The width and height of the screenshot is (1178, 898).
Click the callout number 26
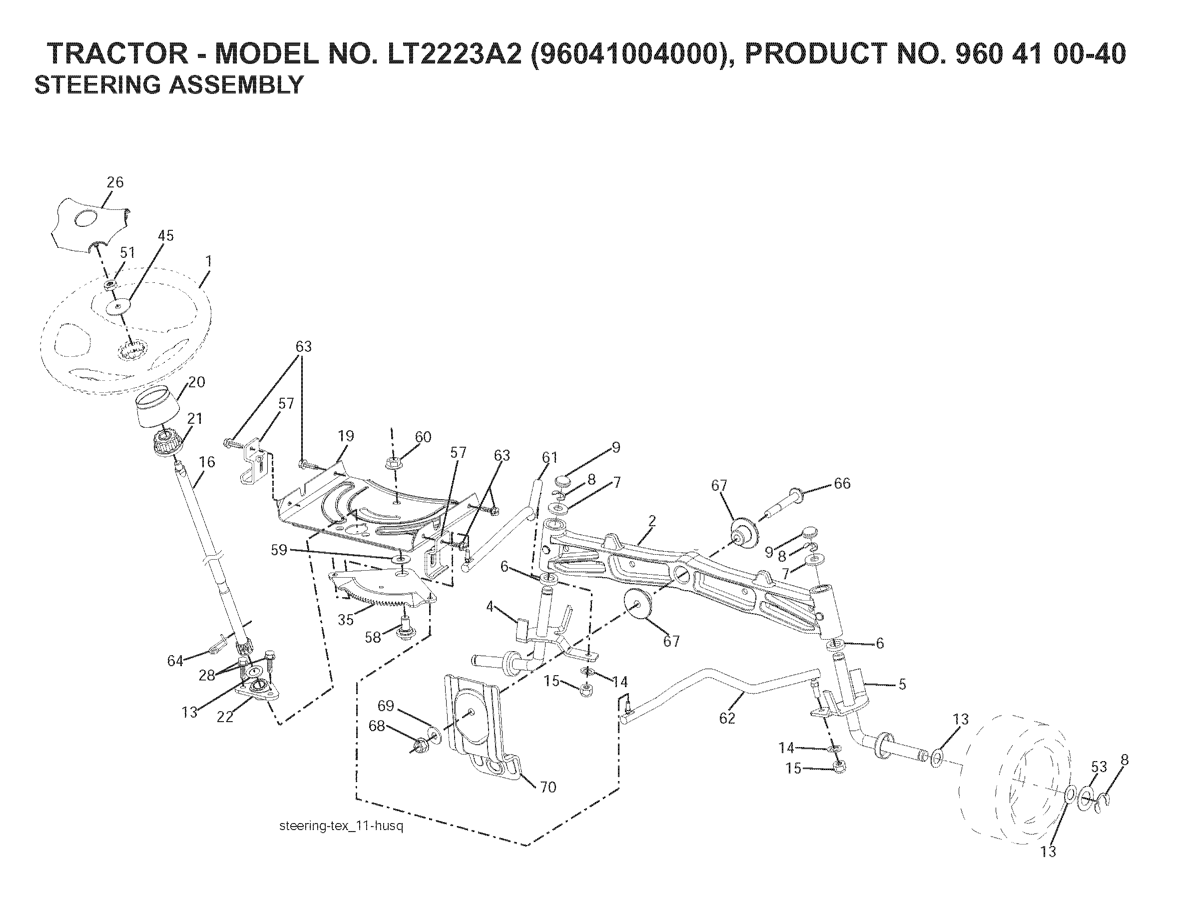tap(115, 182)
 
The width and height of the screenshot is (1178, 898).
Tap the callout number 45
tap(166, 236)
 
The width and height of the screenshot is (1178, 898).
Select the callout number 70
tap(548, 787)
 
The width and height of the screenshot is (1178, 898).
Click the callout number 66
tap(842, 483)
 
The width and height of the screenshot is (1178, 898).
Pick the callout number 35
tap(346, 620)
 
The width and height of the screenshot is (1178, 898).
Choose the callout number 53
tap(1099, 767)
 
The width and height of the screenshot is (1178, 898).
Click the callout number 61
tap(549, 458)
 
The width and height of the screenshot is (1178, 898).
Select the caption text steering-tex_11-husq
tap(341, 826)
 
